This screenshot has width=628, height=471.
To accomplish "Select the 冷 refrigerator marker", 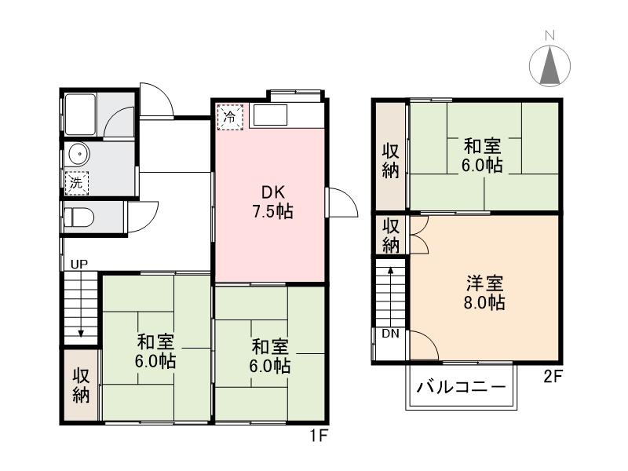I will click(231, 117).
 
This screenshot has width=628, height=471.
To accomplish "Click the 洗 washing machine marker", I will click(76, 182).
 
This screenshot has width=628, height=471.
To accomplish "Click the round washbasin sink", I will click(78, 153).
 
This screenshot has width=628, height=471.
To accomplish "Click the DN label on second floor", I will click(391, 334).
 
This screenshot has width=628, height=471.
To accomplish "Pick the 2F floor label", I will click(553, 376).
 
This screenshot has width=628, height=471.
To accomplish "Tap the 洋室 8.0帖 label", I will click(483, 292).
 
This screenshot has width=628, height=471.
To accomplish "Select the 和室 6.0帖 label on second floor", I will click(483, 155).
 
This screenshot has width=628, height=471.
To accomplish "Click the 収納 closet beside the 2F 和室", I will click(389, 160).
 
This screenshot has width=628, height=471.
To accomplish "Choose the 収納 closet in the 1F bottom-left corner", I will click(81, 385).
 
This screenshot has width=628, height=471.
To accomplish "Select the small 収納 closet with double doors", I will click(390, 235).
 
